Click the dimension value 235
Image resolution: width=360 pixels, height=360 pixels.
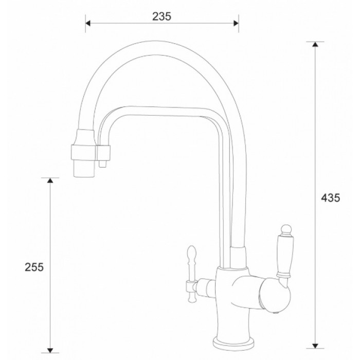point(161,16)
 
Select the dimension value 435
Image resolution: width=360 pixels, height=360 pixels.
point(330,198)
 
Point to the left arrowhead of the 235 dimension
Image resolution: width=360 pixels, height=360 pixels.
point(88,23)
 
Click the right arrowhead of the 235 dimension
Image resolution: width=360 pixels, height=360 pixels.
point(236,23)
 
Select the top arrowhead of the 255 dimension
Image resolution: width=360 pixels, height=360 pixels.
point(50,181)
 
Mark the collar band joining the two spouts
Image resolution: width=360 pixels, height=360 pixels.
point(91,152)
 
